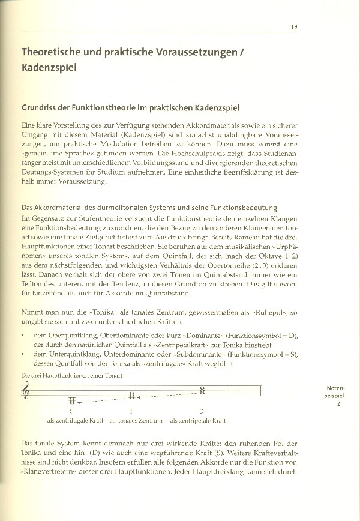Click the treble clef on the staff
point(25,391)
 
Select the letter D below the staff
point(201,412)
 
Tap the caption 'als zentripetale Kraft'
point(198,421)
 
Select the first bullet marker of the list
point(23,335)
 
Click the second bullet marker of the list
point(23,355)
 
